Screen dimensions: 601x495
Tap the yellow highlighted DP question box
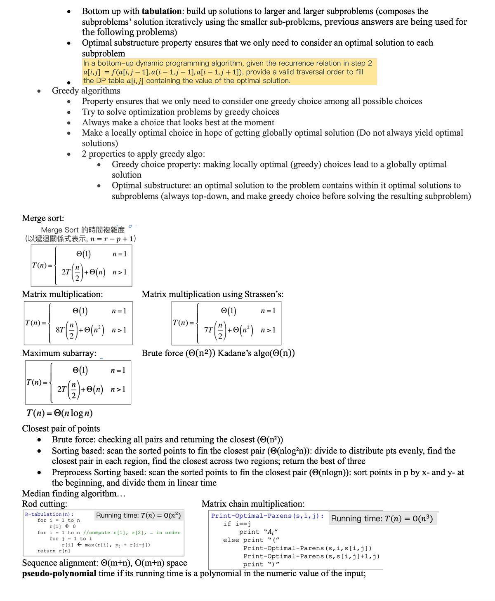(229, 72)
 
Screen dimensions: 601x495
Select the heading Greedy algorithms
(86, 91)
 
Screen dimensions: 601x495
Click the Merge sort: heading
(43, 218)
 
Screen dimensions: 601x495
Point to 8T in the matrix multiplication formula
(60, 330)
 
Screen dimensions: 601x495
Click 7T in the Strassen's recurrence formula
(209, 330)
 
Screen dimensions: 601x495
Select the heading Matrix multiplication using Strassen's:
(212, 294)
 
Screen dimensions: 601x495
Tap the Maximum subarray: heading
(59, 353)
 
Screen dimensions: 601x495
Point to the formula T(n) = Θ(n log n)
(59, 413)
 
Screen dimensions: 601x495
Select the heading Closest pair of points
(61, 429)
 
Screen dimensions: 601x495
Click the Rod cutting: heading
(45, 504)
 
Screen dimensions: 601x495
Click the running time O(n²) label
(138, 515)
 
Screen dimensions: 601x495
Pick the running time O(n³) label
(382, 519)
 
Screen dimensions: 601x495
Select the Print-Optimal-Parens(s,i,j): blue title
(267, 516)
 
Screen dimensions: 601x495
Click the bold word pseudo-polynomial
(59, 573)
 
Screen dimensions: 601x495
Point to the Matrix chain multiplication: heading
(253, 504)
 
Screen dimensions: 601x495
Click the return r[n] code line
(54, 551)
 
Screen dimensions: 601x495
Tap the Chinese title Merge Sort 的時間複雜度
(82, 230)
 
